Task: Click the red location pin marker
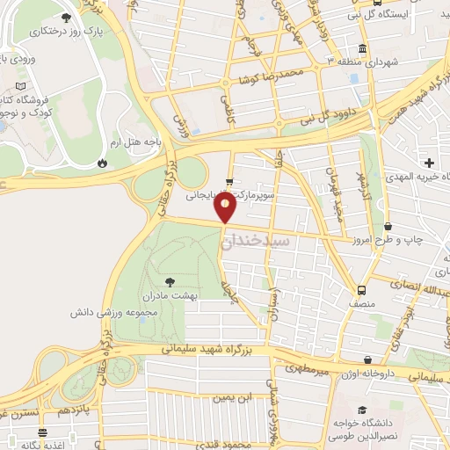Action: pyautogui.click(x=226, y=208)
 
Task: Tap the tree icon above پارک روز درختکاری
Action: pyautogui.click(x=67, y=17)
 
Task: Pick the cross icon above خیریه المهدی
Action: pyautogui.click(x=430, y=163)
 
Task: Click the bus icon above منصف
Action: pyautogui.click(x=361, y=290)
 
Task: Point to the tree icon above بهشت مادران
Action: pyautogui.click(x=170, y=282)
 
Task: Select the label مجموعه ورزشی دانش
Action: pyautogui.click(x=116, y=312)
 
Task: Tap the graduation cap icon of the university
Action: pyautogui.click(x=360, y=410)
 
